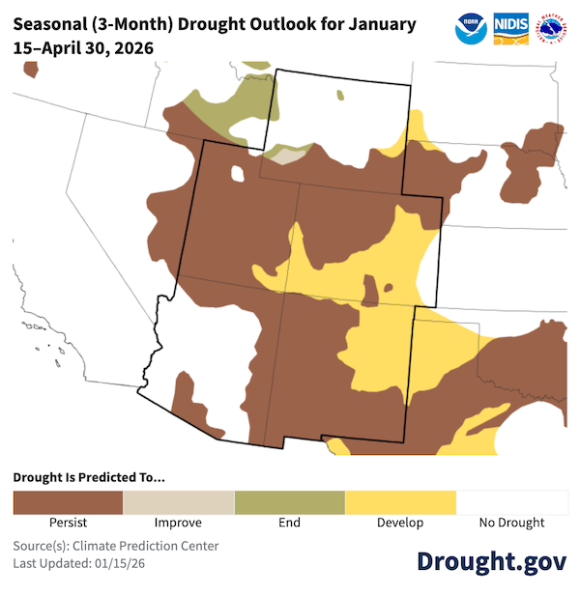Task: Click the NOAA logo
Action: click(x=471, y=29)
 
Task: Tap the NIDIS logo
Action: click(x=510, y=29)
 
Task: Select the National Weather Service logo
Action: click(x=552, y=29)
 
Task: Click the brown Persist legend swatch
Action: click(x=68, y=502)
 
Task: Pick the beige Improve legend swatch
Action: click(x=179, y=502)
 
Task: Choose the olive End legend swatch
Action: click(x=289, y=502)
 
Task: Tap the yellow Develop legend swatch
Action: click(x=400, y=502)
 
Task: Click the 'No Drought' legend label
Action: click(x=511, y=523)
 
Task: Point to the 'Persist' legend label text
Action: click(x=68, y=523)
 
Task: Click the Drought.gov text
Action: click(x=491, y=562)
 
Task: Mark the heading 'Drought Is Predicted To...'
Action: click(x=89, y=477)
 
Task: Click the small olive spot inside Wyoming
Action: click(x=340, y=96)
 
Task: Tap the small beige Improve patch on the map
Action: click(x=291, y=153)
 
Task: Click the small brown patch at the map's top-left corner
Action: click(x=31, y=70)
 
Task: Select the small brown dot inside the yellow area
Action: click(x=389, y=287)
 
